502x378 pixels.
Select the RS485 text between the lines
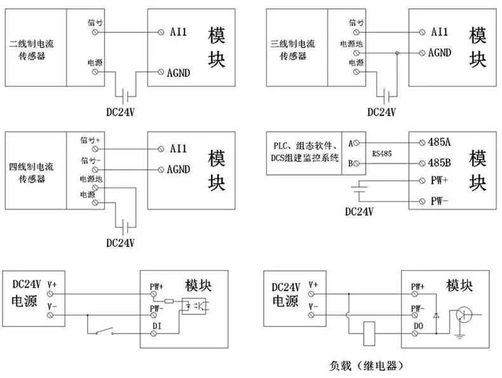point(383,152)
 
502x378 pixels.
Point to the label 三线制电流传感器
point(293,51)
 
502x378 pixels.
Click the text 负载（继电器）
point(367,366)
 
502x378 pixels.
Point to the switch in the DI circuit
point(104,331)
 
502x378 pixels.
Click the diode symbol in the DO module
point(436,314)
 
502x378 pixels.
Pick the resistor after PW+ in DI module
point(169,300)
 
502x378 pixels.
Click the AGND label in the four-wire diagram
point(180,169)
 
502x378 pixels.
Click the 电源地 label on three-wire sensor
point(351,45)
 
